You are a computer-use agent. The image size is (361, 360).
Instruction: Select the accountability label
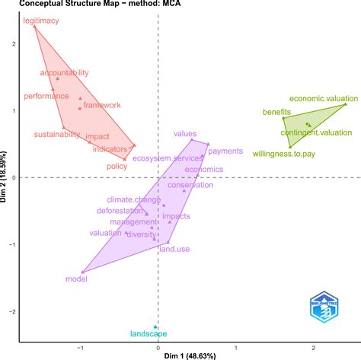pyautogui.click(x=64, y=73)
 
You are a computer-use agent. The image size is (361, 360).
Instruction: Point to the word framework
pyautogui.click(x=101, y=105)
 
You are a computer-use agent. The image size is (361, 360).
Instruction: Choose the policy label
pyautogui.click(x=117, y=166)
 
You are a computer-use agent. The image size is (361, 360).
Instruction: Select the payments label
pyautogui.click(x=225, y=151)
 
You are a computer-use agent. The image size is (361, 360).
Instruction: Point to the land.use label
pyautogui.click(x=174, y=249)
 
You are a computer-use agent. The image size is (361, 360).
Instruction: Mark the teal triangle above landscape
pyautogui.click(x=155, y=327)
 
